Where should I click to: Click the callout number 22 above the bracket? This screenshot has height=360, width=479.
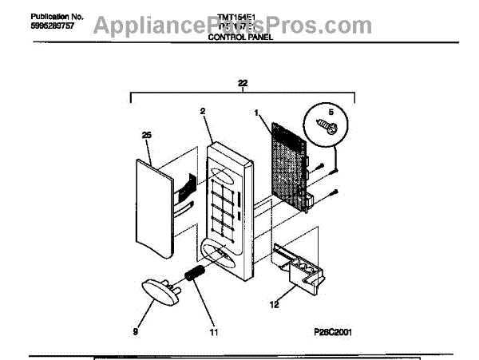243,81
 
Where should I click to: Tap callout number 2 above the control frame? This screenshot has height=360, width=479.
203,111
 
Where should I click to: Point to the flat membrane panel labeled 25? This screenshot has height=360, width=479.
154,208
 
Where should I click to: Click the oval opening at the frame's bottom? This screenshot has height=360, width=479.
227,256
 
